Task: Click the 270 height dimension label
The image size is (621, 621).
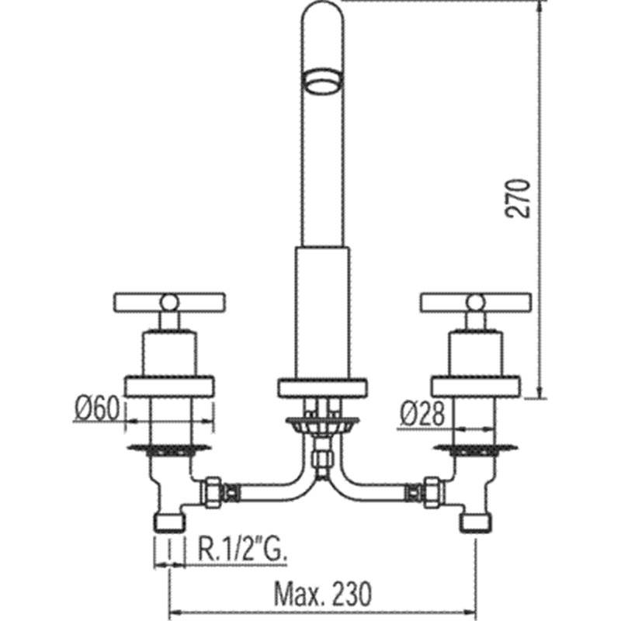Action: coord(518,199)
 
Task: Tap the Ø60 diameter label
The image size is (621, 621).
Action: coord(96,409)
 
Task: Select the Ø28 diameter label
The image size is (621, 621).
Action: coord(422,415)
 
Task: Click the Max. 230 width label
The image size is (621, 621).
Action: coord(323,594)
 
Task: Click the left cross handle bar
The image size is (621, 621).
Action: coord(169,302)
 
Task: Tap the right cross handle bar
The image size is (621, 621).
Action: coord(476,302)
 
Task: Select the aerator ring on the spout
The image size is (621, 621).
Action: coord(322,82)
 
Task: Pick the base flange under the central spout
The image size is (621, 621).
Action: coord(322,388)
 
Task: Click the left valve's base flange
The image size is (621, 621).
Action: coord(169,387)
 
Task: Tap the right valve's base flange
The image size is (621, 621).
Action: coord(475,387)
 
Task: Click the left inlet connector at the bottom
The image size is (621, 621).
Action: coord(169,523)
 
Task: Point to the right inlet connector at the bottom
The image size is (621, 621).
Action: coord(476,523)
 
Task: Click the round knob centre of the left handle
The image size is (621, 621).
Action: coord(169,302)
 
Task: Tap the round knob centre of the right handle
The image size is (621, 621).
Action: coord(476,302)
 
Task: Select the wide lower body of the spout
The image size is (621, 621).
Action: coord(322,313)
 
